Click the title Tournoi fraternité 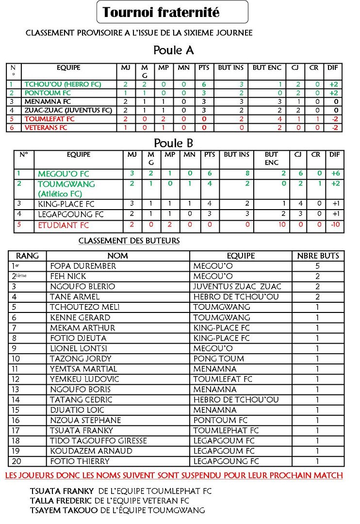161,12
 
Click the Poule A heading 173,50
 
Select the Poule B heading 173,143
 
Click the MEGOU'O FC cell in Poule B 64,174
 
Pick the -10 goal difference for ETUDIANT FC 333,225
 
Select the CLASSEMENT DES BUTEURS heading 129,241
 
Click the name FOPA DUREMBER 83,266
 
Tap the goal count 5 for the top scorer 317,266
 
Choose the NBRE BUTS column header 318,256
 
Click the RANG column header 28,256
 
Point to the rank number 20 16,461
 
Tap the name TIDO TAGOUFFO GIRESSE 98,441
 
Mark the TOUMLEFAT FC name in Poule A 49,119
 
